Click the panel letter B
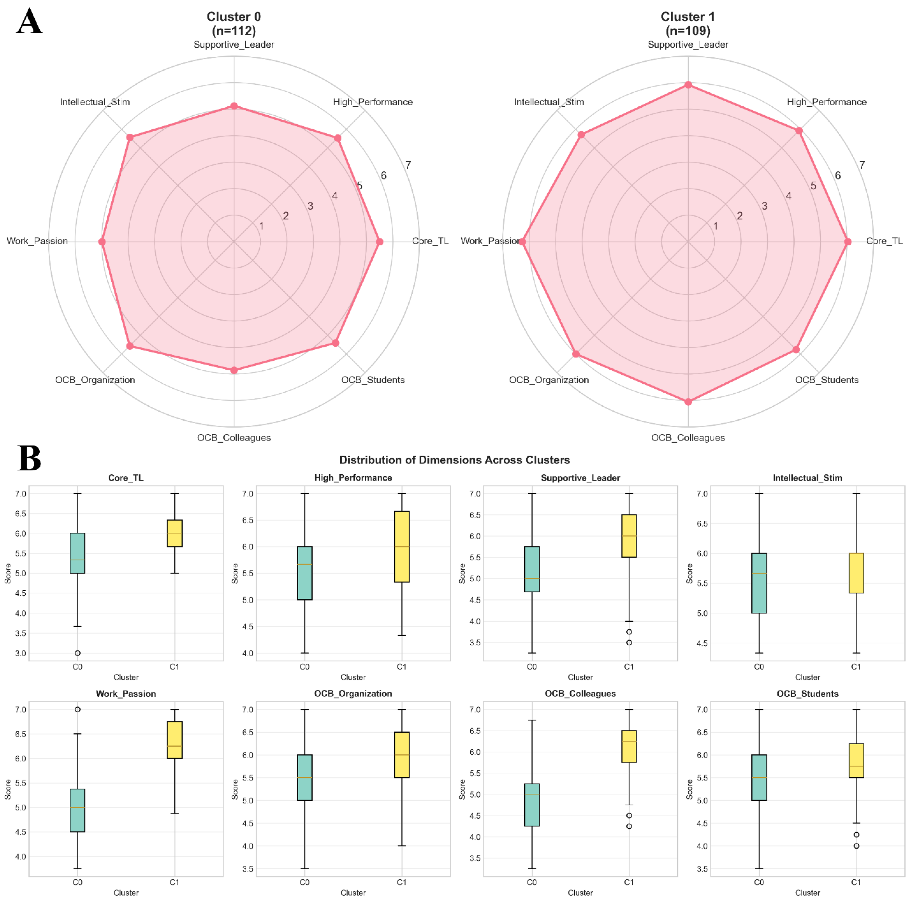[x=29, y=458]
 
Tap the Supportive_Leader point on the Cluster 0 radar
[x=234, y=106]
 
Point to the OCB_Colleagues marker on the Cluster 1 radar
[x=688, y=402]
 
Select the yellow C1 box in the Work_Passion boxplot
[x=175, y=740]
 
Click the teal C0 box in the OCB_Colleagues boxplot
[x=532, y=805]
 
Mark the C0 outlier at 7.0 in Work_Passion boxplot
[x=78, y=710]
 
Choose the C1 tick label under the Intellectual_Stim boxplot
[x=856, y=667]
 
